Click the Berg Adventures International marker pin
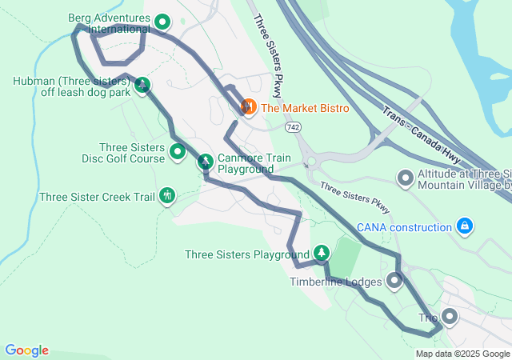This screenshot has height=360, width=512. point(162,22)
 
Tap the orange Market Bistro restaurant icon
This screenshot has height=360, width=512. point(248,106)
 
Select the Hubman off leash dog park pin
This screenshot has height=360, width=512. point(142,85)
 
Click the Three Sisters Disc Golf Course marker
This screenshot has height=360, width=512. point(178,150)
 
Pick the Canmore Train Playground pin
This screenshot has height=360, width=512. point(206,162)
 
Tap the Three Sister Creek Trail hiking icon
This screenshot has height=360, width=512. point(167,194)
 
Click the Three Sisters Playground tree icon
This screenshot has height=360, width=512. point(321,253)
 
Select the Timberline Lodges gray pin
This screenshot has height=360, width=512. point(394,281)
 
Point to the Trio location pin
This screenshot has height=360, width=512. point(449,317)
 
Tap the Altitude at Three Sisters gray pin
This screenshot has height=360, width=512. point(406,178)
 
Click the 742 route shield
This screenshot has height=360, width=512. point(293,127)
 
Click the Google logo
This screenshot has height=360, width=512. point(26,350)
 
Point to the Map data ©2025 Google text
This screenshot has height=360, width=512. point(462,354)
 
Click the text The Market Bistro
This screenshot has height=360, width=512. point(305,108)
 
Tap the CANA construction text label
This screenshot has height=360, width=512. point(404,228)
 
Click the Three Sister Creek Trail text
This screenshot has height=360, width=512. point(97,197)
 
